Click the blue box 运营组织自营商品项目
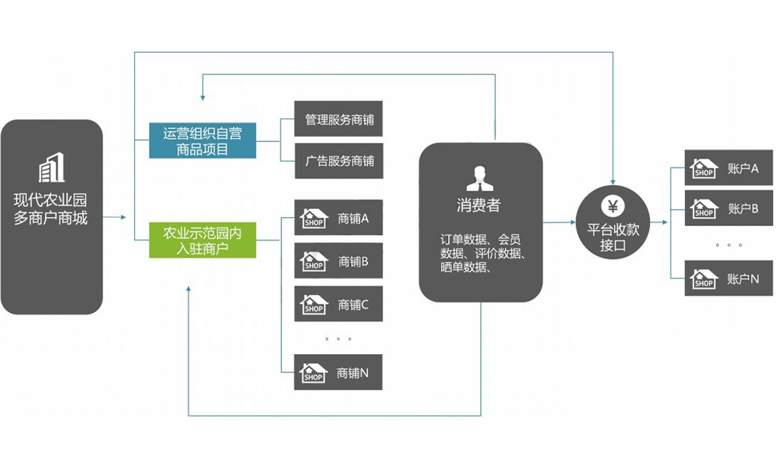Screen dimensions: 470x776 203,141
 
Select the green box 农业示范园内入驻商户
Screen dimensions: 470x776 203,240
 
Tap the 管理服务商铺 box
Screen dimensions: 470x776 338,119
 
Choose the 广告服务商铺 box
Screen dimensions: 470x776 338,161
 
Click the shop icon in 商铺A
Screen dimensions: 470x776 314,218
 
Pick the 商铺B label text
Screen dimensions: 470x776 353,261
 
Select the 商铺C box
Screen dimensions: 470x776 338,305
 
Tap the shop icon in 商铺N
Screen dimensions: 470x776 313,373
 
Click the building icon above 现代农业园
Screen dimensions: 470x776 52,168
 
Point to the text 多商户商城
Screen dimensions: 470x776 51,217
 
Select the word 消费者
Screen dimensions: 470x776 479,205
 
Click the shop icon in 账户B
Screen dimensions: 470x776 704,209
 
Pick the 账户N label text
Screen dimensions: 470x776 743,279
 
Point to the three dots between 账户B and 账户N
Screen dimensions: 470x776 729,245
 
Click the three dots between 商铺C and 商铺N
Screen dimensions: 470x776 339,339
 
